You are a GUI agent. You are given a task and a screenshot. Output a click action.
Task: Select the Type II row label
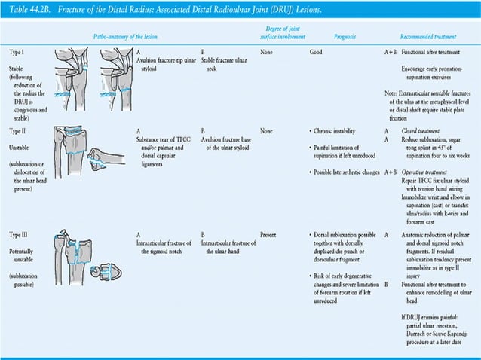pyautogui.click(x=19, y=130)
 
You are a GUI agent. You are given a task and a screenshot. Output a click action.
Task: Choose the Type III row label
pyautogui.click(x=20, y=234)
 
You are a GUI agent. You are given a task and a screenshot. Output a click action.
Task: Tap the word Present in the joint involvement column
pyautogui.click(x=268, y=234)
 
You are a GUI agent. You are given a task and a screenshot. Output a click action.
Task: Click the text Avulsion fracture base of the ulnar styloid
pyautogui.click(x=225, y=142)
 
